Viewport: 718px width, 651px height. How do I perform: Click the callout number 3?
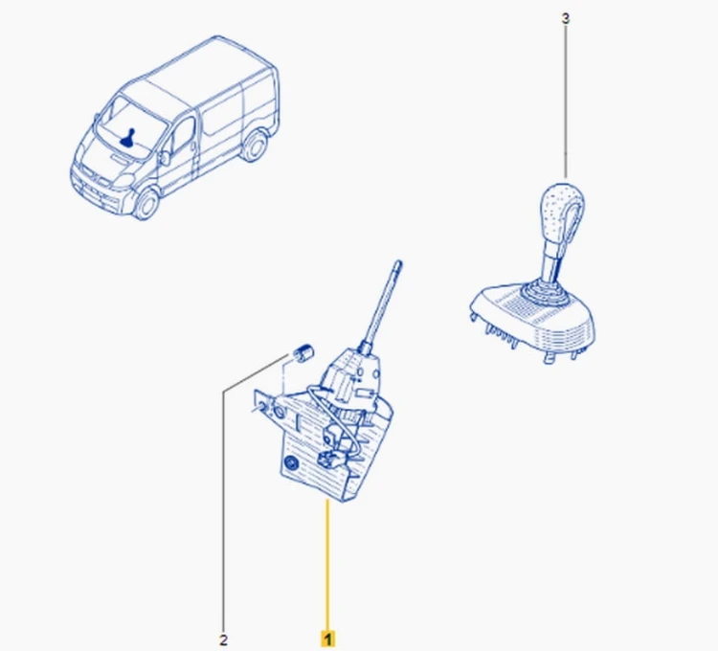point(566,19)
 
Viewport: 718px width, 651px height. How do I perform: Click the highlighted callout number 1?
point(327,639)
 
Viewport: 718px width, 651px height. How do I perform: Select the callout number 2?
point(223,640)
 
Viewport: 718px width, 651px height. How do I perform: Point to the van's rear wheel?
point(254,146)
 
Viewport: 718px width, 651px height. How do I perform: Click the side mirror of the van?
point(165,158)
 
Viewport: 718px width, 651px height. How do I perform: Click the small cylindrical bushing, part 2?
point(302,352)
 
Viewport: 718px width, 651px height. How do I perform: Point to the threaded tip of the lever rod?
point(397,265)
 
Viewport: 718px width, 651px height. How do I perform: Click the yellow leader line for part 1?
point(327,566)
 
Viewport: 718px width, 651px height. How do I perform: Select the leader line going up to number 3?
point(566,101)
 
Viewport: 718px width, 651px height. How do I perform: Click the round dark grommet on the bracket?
point(290,465)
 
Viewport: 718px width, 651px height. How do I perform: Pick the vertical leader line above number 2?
point(223,512)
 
